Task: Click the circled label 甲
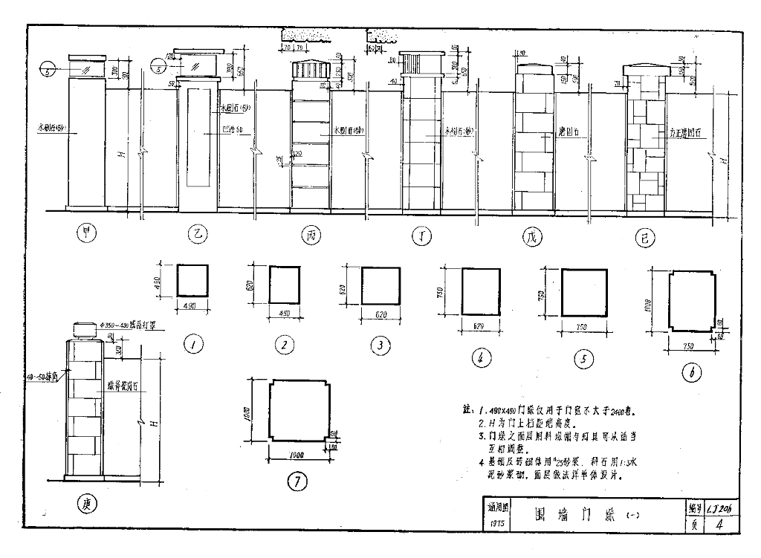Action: coord(87,236)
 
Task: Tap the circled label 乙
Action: coord(198,236)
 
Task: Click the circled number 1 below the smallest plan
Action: coord(193,344)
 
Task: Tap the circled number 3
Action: coord(380,345)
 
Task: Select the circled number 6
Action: coord(691,374)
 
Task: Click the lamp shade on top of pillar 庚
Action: coord(88,331)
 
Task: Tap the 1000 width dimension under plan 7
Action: coord(297,455)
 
